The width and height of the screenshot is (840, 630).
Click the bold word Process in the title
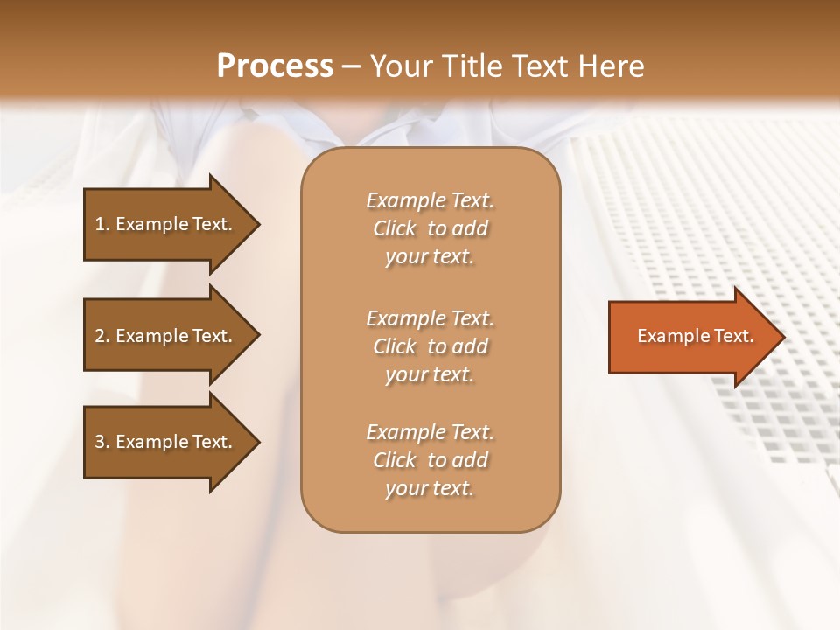coord(275,66)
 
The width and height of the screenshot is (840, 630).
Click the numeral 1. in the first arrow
coord(101,224)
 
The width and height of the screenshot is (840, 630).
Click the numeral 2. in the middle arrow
coord(101,336)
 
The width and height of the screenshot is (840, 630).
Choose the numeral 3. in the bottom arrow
coord(101,442)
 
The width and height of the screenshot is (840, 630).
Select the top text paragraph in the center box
coord(430,228)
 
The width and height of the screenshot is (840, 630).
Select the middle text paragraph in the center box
coord(430,346)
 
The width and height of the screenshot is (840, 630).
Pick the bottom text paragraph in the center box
coord(430,460)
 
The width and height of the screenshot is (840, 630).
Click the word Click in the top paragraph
coord(394,228)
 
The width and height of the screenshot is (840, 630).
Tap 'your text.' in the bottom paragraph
coord(430,488)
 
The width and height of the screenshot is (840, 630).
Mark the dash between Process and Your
coord(351,67)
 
